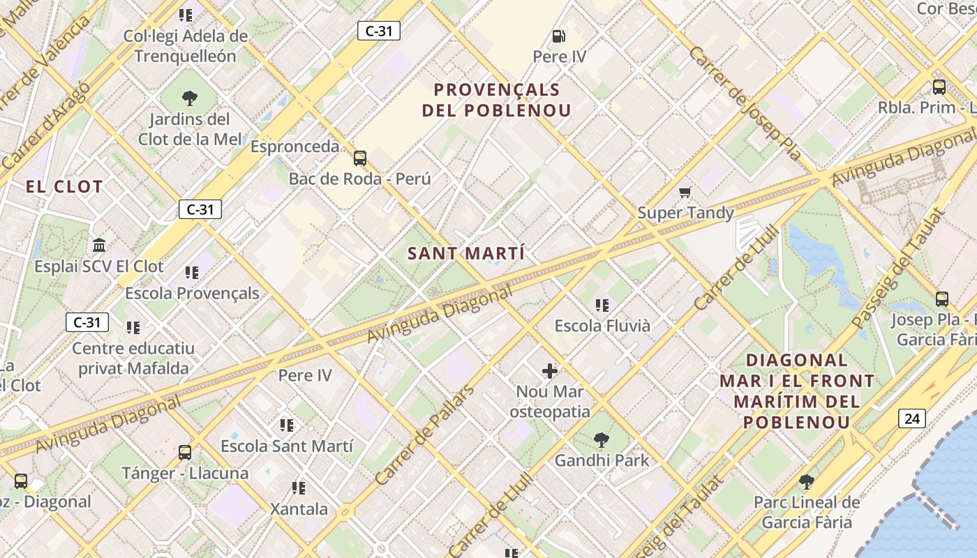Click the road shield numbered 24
point(912,418)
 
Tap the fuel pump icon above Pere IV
point(559,36)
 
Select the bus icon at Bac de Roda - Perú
point(360,158)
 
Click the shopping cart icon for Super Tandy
point(685,192)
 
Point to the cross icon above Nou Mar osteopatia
point(550,371)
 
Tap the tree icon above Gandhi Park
point(601,440)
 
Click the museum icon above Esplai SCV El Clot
point(99,246)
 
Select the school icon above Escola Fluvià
point(602,305)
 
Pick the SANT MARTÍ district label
point(466,254)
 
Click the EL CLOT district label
point(64,187)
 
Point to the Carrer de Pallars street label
point(424,434)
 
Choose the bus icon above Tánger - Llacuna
point(185,453)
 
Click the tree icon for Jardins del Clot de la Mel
point(189,98)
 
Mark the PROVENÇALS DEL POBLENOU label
point(497,100)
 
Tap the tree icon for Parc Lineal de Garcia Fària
point(806,481)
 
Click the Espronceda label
point(294,147)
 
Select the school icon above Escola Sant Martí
point(287,425)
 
